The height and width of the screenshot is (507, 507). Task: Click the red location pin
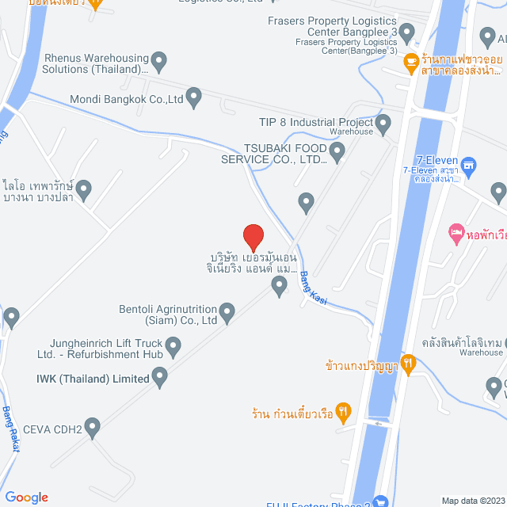[x=253, y=236]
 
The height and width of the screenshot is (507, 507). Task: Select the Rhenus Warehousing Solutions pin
[x=159, y=60]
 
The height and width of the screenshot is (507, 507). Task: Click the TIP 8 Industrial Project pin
[x=383, y=123]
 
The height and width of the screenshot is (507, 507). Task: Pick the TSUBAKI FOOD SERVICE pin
[x=337, y=151]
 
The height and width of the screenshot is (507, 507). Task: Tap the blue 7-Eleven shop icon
[x=469, y=165]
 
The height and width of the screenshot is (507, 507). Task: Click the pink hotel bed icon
[x=456, y=231]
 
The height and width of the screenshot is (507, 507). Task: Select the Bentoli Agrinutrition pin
[x=227, y=313]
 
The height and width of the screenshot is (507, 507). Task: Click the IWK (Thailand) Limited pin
[x=160, y=378]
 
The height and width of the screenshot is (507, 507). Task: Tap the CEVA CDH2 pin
[x=93, y=428]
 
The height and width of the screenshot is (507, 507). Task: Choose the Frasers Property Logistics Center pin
[x=407, y=33]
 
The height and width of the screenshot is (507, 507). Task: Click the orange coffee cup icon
[x=410, y=60]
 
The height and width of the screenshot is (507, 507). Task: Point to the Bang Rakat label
[x=11, y=429]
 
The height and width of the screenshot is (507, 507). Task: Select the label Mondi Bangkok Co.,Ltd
[x=127, y=99]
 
